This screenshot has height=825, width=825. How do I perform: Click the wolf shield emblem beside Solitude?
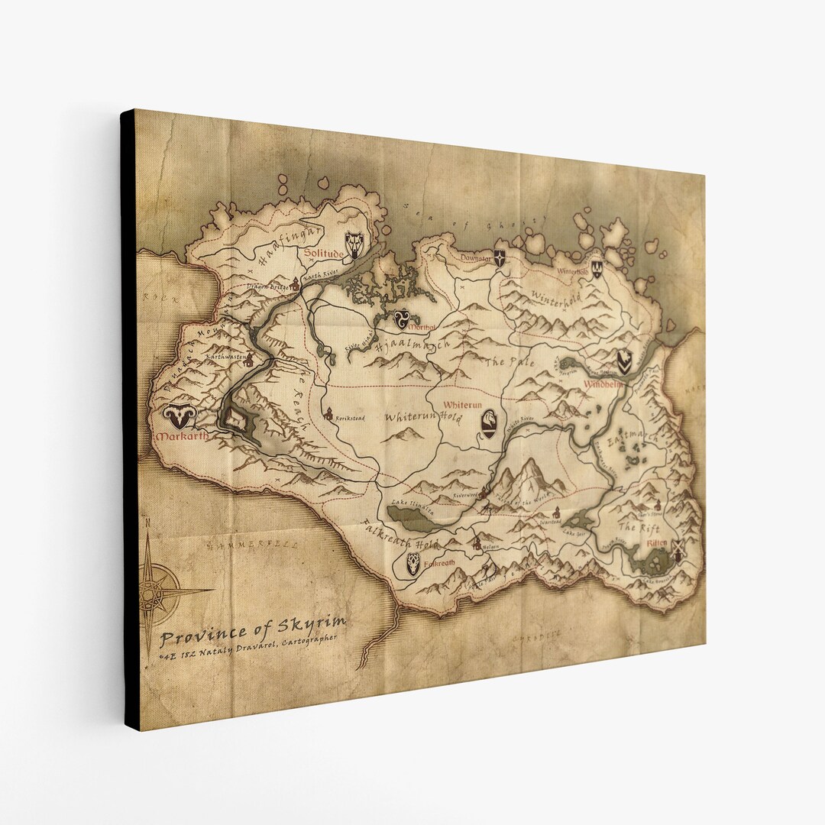coord(354,244)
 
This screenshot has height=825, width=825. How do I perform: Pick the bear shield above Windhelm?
coord(624,361)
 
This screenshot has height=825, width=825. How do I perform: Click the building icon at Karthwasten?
coord(246,364)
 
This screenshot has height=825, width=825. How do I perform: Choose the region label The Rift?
coord(636,527)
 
